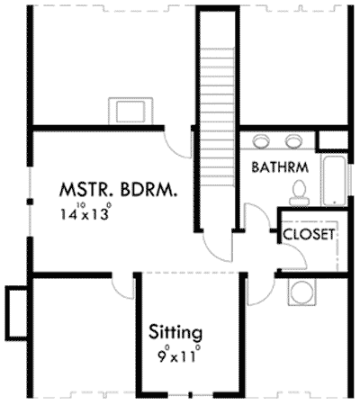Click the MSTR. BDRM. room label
tap(117, 190)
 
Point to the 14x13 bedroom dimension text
tap(86, 213)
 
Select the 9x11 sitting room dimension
tap(175, 354)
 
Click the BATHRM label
tap(282, 166)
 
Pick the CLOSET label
tap(309, 234)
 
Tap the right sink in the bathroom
tap(294, 141)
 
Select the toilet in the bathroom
tap(301, 188)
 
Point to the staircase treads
tap(215, 90)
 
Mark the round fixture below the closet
tap(301, 292)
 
